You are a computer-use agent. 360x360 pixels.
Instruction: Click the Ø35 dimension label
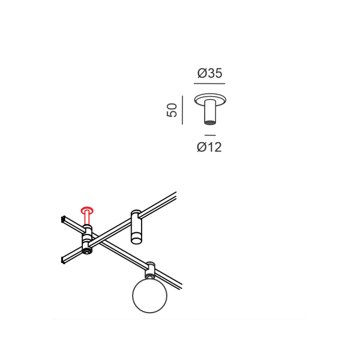coord(210,73)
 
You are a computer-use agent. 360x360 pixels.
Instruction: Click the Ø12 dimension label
coord(209,147)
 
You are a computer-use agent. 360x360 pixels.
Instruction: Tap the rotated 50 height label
coord(172,110)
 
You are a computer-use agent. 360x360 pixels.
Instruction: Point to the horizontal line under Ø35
coord(209,83)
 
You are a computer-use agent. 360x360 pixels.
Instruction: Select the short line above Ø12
coord(210,135)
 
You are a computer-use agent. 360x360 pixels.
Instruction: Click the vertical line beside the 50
coord(182,110)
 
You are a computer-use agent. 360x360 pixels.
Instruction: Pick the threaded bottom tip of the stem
coord(210,122)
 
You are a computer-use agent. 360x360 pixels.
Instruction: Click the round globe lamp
coord(149,295)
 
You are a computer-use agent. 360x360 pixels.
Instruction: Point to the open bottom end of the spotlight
coord(136,241)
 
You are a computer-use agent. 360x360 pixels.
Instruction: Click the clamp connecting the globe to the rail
coord(149,270)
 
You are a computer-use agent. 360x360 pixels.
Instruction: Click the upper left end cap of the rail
coord(63,220)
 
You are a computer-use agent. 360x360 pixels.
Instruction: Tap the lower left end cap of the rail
coord(63,260)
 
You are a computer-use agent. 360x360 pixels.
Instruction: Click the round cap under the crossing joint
coord(87,251)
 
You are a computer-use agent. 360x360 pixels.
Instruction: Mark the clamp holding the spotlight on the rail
coord(136,215)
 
